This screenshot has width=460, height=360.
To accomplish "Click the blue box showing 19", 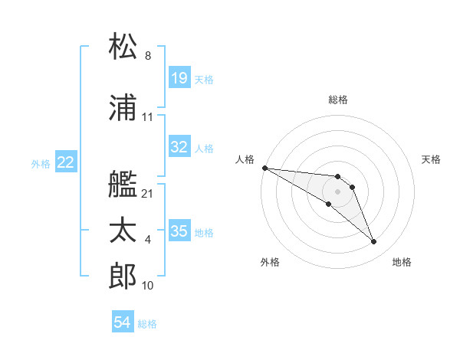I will (179, 78).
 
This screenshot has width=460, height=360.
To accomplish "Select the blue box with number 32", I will (179, 147).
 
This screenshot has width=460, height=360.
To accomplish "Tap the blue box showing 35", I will (179, 231).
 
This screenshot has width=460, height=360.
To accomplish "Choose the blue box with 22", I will (66, 162).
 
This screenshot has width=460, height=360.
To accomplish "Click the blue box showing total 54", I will (123, 323).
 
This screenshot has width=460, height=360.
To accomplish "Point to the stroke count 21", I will (148, 194).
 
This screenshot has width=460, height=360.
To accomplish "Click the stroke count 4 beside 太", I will (148, 241).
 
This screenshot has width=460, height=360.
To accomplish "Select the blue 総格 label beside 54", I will (147, 324).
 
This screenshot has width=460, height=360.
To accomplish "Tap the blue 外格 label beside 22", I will (41, 163).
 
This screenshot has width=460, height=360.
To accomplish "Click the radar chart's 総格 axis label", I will (338, 100).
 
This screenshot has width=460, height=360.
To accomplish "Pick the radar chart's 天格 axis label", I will (432, 159).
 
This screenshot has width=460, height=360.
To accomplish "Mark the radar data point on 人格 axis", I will (264, 168).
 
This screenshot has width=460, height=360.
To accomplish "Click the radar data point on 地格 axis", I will (374, 242).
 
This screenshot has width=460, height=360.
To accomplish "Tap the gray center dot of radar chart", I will (338, 191).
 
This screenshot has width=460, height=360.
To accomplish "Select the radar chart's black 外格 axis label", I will (270, 263).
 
